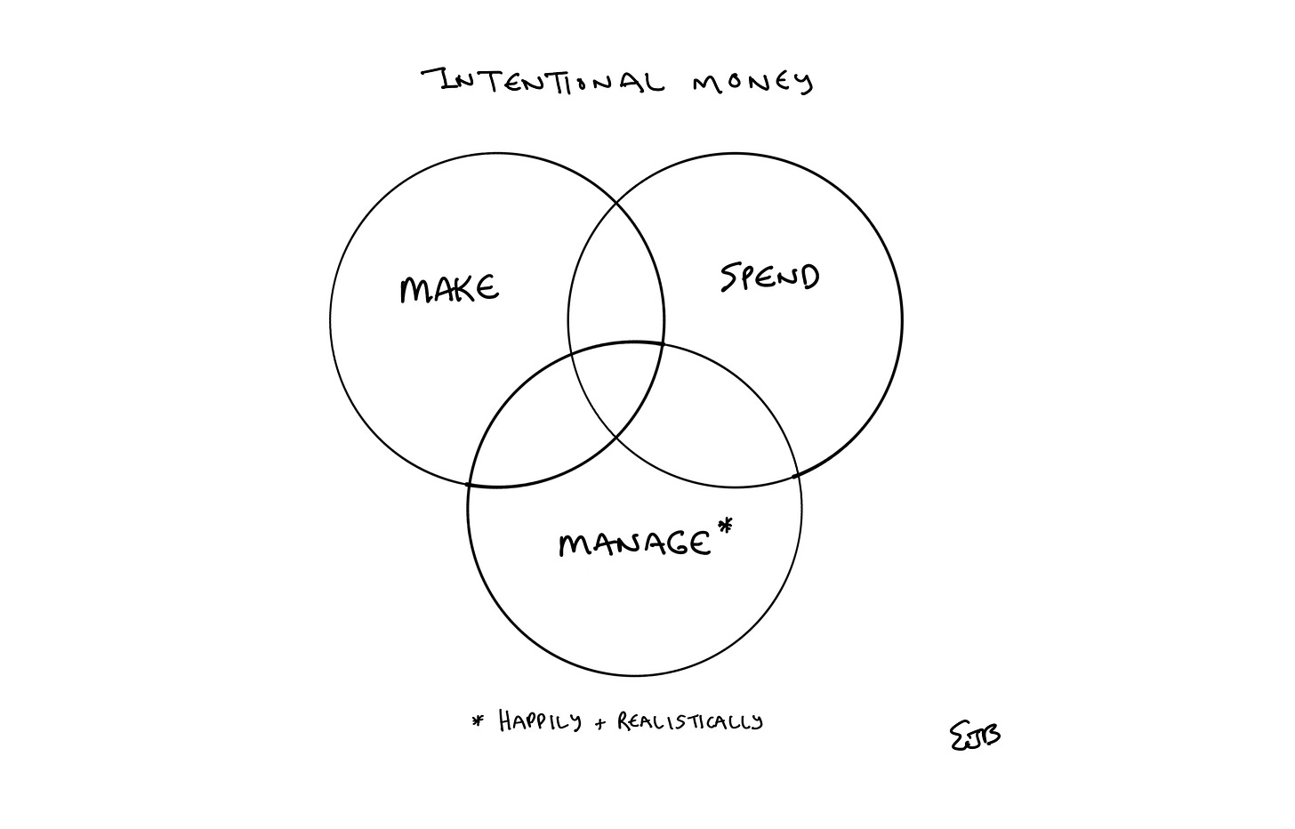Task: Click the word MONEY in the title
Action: tap(752, 83)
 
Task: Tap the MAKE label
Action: tap(449, 289)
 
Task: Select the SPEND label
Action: tap(769, 278)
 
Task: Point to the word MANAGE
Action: tap(634, 543)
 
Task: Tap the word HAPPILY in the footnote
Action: tap(540, 720)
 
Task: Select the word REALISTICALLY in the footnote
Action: tap(690, 720)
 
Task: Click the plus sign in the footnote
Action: tap(601, 724)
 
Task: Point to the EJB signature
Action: tap(975, 735)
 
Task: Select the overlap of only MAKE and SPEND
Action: tap(615, 285)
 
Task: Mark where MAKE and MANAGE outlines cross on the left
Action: tap(471, 485)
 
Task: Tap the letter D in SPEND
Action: tap(808, 278)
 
